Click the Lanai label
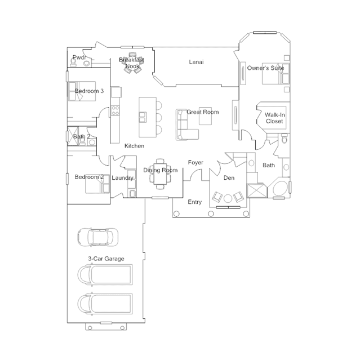(x=196, y=62)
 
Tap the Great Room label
(x=202, y=112)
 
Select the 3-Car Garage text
(x=106, y=259)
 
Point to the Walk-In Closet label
(x=274, y=118)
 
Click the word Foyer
(x=195, y=163)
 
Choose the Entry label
(x=195, y=202)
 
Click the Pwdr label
(x=79, y=57)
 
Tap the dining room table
(x=160, y=174)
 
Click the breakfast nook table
(x=132, y=63)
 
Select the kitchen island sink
(x=143, y=117)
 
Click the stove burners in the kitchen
(x=115, y=110)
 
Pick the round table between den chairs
(x=228, y=199)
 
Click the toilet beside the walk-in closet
(x=285, y=139)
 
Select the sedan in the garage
(x=98, y=237)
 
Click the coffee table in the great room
(x=205, y=116)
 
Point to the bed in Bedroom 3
(x=82, y=91)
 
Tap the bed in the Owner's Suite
(x=275, y=74)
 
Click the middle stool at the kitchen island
(x=159, y=118)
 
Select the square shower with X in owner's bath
(x=257, y=190)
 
